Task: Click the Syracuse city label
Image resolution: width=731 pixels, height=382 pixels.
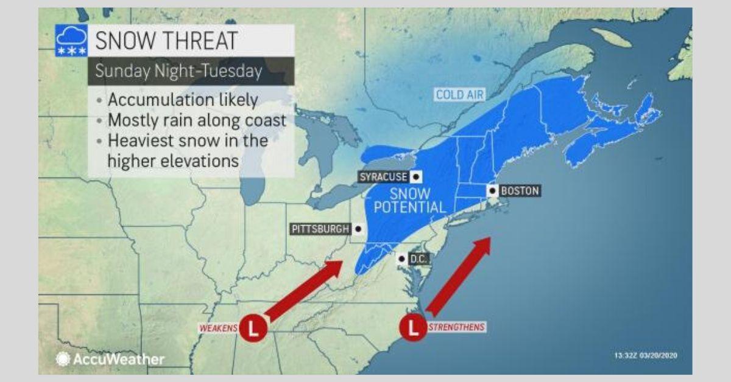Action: tap(382, 177)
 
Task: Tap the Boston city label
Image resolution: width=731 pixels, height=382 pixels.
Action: tap(520, 190)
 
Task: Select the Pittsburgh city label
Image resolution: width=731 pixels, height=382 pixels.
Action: tap(320, 229)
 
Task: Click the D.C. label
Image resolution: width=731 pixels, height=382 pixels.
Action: tap(418, 259)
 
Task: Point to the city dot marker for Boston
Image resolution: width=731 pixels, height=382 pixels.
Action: tap(492, 190)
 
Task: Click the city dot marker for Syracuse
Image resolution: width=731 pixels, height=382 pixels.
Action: tap(415, 177)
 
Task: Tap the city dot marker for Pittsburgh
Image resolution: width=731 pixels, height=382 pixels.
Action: tap(358, 229)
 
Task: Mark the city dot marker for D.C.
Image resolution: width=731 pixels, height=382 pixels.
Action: tap(401, 259)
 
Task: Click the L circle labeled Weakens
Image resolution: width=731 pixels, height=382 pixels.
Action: tap(253, 328)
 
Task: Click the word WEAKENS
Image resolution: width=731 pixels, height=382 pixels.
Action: tap(217, 328)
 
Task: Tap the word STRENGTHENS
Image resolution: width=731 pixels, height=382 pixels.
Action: tap(456, 327)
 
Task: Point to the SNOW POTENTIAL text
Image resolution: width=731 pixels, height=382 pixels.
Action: tap(409, 201)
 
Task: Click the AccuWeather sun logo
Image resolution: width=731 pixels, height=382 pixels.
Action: tap(63, 359)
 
